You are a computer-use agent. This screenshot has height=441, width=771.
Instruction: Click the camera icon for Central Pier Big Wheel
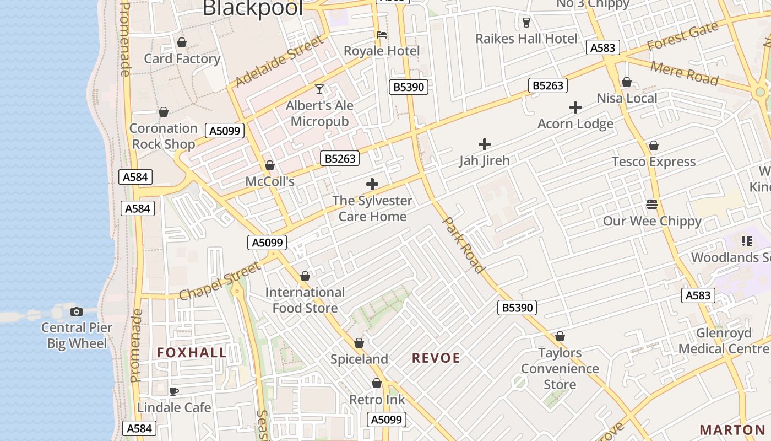coord(77,311)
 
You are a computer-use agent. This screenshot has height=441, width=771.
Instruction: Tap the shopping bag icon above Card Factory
coord(182,42)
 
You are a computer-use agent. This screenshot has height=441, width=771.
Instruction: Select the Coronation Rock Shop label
coord(163,136)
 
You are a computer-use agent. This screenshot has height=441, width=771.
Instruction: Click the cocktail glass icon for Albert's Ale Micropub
coord(319,89)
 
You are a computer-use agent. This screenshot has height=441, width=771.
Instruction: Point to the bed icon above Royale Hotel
coord(381,34)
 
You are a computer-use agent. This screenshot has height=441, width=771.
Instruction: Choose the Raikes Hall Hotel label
coord(526,39)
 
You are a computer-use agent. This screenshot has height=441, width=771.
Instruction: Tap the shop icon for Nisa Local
coord(626,83)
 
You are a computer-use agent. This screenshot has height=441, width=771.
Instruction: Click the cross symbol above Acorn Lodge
coord(575,107)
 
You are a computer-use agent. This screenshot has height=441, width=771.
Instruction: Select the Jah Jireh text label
coord(485,160)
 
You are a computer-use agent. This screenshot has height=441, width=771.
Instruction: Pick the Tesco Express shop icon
coord(654,146)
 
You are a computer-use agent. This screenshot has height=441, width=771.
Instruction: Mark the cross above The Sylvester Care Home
coord(372,184)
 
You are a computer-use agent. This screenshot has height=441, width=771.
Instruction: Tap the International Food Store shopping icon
coord(305,276)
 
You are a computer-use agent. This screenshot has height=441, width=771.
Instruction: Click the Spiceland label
coord(359,359)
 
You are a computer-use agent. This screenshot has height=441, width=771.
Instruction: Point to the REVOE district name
coord(436,358)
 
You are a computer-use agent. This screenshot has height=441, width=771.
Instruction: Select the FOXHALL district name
coord(192,353)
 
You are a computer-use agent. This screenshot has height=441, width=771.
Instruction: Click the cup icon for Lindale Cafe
coord(174,392)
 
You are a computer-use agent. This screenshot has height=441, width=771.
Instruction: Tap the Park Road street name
coord(464,245)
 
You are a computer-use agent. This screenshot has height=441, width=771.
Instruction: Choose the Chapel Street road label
coord(220,282)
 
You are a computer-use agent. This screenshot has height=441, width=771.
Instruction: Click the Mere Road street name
coord(685,73)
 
